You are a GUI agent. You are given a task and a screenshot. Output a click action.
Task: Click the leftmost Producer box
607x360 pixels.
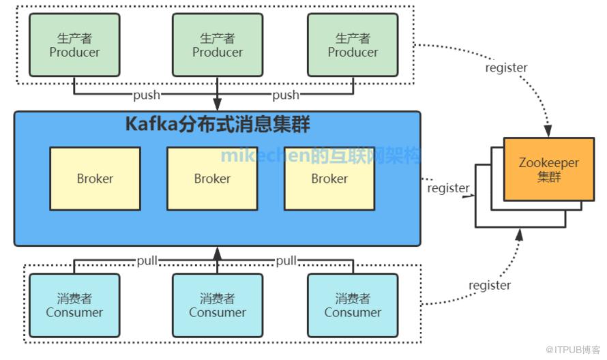click(x=74, y=45)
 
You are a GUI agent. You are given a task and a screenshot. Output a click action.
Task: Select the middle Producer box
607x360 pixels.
click(x=218, y=45)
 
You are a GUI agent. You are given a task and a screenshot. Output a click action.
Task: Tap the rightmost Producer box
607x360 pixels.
click(x=353, y=45)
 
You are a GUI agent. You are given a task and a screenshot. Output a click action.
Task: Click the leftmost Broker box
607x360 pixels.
click(x=95, y=179)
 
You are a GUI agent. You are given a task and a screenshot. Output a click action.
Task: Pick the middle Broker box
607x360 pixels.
click(x=212, y=179)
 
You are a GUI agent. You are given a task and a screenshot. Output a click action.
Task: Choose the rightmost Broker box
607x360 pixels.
click(x=329, y=179)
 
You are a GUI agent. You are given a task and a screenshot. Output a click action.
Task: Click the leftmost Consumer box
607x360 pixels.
click(x=74, y=305)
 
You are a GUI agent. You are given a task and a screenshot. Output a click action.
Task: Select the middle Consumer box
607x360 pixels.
click(x=218, y=305)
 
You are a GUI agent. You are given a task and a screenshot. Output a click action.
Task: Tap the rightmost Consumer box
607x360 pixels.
click(x=353, y=305)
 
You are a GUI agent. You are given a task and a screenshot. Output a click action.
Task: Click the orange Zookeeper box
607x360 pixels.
click(x=548, y=169)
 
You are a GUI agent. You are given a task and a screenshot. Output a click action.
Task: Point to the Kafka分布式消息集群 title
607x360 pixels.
click(x=218, y=125)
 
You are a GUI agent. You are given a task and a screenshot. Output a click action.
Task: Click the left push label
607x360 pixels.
click(x=147, y=95)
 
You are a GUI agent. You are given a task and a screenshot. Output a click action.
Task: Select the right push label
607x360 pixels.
click(x=286, y=95)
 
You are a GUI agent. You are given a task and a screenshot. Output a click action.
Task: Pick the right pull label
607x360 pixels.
click(x=286, y=260)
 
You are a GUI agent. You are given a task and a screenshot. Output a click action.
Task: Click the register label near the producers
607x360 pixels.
click(x=506, y=67)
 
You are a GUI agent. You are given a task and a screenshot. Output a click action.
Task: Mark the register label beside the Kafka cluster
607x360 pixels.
click(x=448, y=188)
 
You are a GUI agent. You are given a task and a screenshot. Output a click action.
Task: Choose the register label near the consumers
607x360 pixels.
click(x=490, y=285)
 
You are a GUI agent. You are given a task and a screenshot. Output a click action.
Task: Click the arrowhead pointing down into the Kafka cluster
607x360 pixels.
click(x=218, y=105)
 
